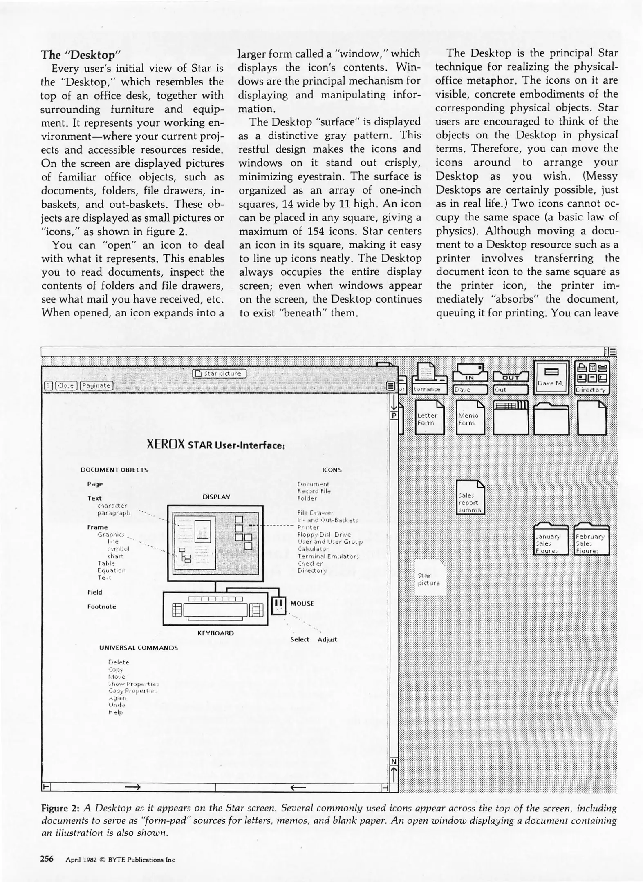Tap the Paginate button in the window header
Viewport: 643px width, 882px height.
click(96, 385)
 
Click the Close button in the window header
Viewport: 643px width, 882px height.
click(66, 385)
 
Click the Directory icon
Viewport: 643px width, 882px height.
click(592, 377)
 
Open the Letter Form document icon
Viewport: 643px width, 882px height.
click(429, 417)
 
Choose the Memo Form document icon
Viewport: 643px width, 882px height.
click(470, 417)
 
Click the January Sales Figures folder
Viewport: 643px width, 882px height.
click(551, 539)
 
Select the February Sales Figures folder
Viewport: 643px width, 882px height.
click(591, 539)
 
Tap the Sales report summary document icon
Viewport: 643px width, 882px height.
click(470, 497)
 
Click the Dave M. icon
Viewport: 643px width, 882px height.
click(551, 378)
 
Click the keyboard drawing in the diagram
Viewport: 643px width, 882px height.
click(215, 609)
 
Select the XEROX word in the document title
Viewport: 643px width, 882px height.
click(166, 444)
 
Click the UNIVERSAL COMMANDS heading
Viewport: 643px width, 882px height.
click(139, 648)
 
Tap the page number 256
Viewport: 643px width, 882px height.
click(47, 859)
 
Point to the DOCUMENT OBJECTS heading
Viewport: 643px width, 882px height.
click(114, 470)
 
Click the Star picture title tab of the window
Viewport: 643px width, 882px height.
click(219, 374)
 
